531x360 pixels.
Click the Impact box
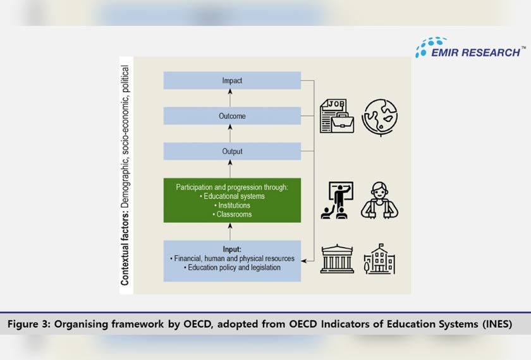click(232, 80)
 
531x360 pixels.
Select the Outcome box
click(232, 116)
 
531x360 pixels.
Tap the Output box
click(232, 151)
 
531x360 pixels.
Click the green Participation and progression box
click(232, 200)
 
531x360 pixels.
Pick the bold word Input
click(232, 249)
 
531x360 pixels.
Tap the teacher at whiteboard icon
click(337, 200)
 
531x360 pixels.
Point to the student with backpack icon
click(380, 200)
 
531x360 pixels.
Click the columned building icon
click(337, 258)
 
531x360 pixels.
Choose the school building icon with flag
click(380, 259)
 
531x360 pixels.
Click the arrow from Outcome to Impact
click(230, 98)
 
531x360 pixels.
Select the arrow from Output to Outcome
click(230, 133)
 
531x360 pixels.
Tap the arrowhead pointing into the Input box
click(304, 259)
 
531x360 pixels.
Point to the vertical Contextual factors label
click(125, 176)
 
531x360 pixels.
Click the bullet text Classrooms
click(232, 214)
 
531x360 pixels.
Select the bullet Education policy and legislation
click(232, 268)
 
